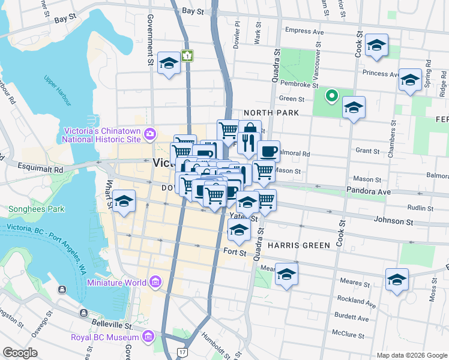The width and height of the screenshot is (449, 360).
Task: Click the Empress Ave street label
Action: (x=304, y=31)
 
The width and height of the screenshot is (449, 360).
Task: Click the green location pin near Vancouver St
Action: (x=331, y=95)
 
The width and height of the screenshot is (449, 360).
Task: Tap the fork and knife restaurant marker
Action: (x=246, y=142)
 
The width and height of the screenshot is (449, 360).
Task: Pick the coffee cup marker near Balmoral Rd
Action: (x=268, y=151)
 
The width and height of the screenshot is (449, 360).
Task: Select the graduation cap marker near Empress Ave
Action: (x=377, y=45)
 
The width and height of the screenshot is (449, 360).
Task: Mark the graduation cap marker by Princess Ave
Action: (x=411, y=80)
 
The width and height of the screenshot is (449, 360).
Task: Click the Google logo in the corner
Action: (x=20, y=353)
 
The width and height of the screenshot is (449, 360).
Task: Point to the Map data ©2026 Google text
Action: (x=411, y=355)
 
